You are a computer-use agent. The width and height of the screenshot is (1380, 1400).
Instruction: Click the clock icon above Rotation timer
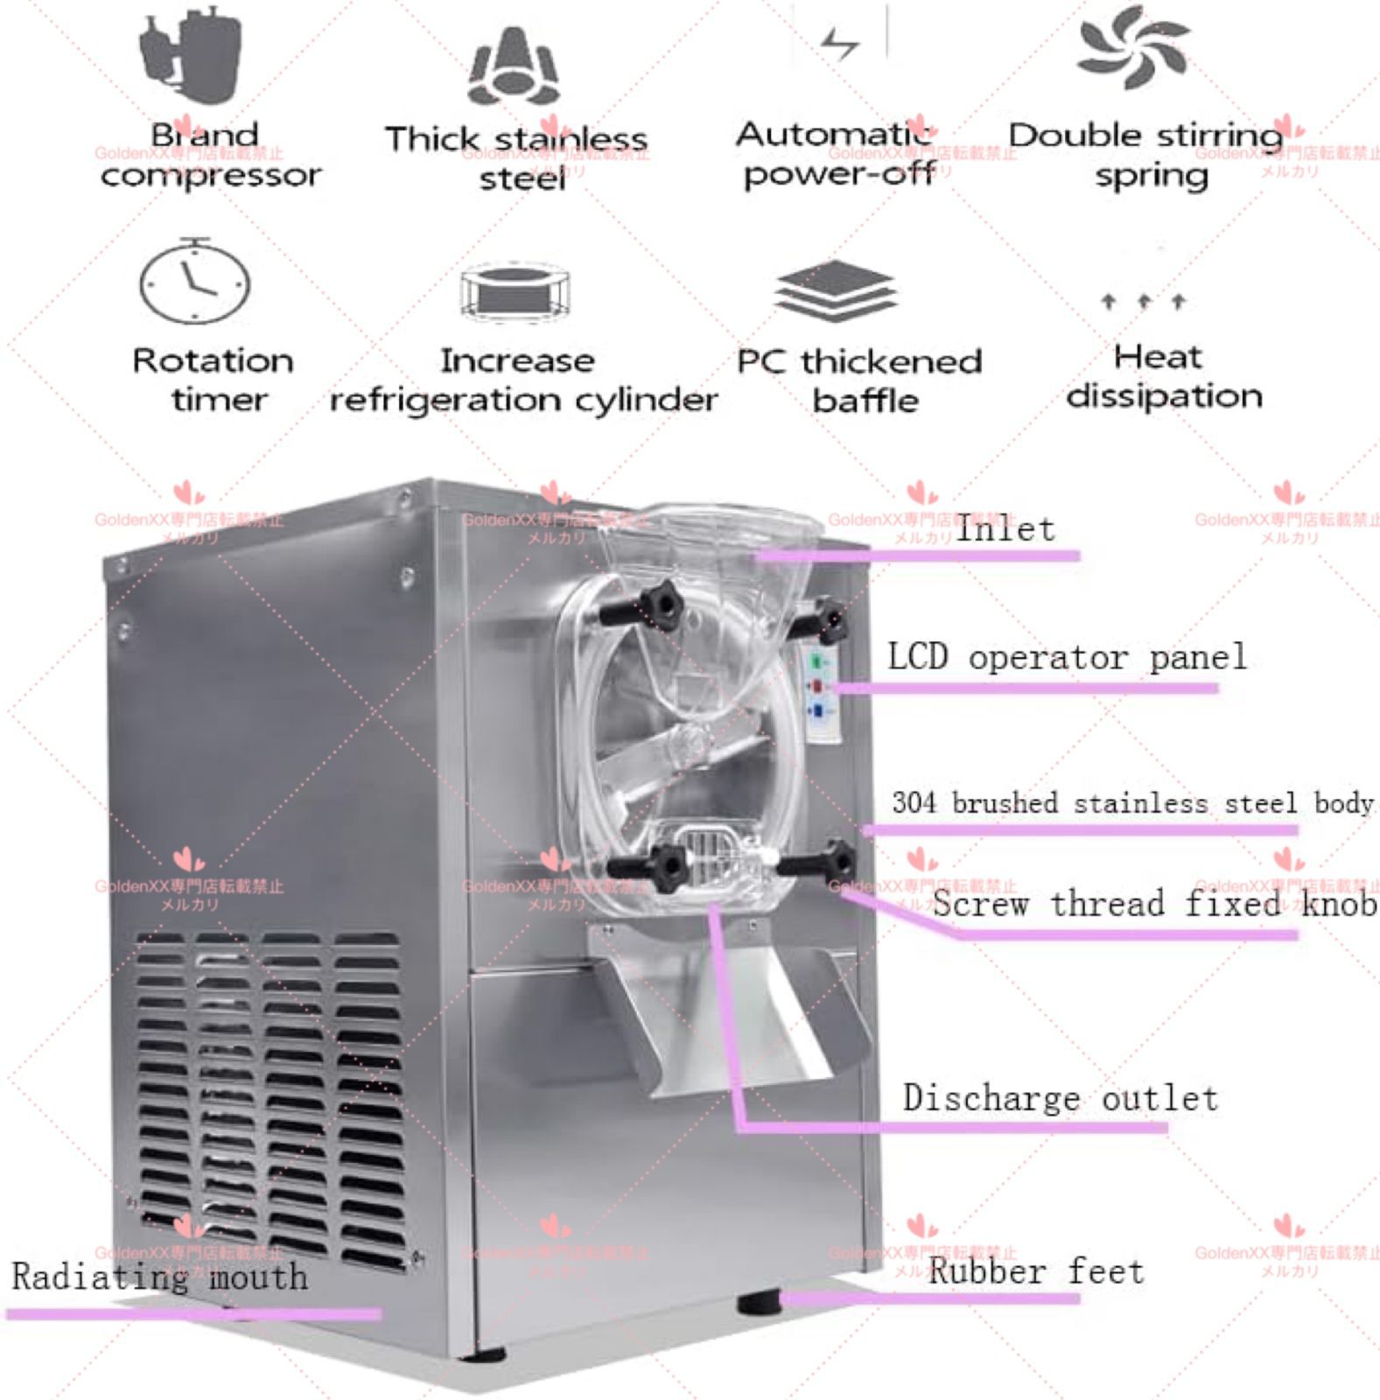(194, 283)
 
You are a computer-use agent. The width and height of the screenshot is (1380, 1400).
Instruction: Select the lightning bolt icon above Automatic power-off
(840, 42)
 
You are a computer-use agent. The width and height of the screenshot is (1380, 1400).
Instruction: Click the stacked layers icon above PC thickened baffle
(836, 291)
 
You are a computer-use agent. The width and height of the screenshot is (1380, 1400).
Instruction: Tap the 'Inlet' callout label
(1005, 528)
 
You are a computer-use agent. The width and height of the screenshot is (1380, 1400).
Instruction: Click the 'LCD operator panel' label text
(1067, 656)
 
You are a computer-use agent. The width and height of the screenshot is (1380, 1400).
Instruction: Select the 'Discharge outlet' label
(1060, 1098)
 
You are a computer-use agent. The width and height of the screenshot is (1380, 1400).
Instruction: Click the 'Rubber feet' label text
(1036, 1270)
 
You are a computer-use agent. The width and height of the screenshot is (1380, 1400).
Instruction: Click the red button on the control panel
(818, 686)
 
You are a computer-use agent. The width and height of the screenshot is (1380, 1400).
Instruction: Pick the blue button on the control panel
(818, 710)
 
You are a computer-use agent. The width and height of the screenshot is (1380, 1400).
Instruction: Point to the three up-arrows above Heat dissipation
(1144, 302)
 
